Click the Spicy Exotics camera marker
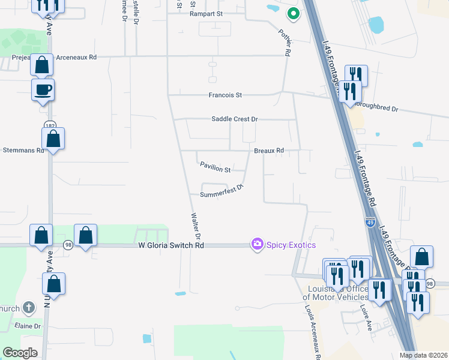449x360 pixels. (257, 244)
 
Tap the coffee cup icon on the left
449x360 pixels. (43, 90)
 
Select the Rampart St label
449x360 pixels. (206, 13)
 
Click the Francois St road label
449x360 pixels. (225, 95)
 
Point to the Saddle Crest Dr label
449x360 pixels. (234, 119)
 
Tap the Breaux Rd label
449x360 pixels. (268, 151)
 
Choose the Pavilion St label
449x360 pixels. (215, 170)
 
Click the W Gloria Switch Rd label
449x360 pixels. (171, 245)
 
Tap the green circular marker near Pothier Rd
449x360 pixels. (293, 13)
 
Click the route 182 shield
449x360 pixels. (49, 125)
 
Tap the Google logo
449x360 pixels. (20, 353)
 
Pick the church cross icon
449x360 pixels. (28, 308)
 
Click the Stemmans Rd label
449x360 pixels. (23, 150)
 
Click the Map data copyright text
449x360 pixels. (423, 355)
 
